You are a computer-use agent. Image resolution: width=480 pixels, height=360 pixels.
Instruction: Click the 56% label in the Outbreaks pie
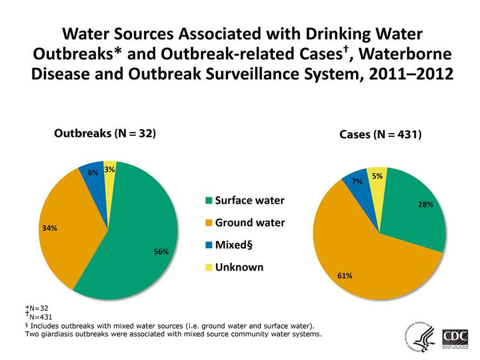tap(161, 252)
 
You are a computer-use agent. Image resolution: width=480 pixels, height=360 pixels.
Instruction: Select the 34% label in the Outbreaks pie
tap(50, 228)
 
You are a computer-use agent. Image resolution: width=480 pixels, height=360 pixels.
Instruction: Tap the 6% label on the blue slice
tap(93, 172)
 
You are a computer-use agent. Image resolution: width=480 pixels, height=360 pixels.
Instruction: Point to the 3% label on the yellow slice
tap(110, 170)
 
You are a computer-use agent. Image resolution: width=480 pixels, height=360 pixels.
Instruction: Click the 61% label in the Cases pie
tap(345, 275)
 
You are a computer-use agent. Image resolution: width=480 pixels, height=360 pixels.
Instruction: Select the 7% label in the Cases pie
tap(356, 182)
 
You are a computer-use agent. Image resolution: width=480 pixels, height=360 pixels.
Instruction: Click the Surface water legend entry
tap(245, 201)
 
